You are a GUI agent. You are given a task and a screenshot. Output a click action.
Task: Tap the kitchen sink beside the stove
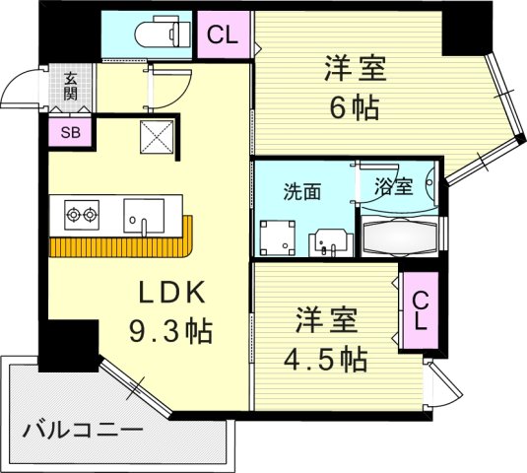coord(145,214)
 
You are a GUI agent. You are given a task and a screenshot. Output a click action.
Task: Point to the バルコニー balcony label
coord(84,431)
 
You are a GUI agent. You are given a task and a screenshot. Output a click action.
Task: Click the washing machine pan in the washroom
coord(276,236)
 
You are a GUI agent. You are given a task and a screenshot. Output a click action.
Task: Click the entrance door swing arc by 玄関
coord(18,92)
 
